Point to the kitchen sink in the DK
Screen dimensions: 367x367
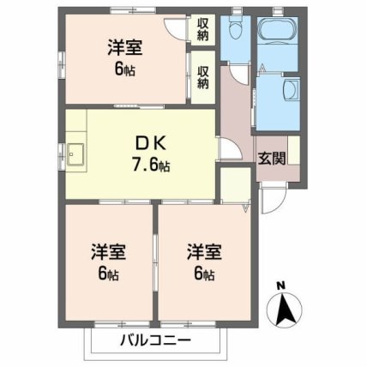tap(76, 155)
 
